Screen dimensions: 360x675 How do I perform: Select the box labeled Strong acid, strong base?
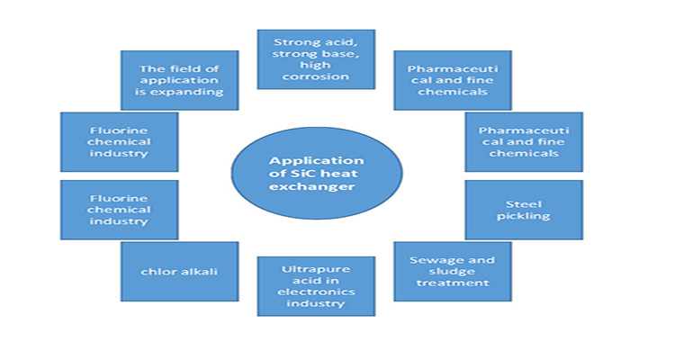(x=315, y=58)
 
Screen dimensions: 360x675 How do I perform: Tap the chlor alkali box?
(x=180, y=270)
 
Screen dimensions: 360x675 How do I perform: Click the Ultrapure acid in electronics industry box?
(x=315, y=286)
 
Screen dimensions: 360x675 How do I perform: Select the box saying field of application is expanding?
(x=180, y=80)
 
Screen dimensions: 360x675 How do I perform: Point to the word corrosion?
(x=315, y=76)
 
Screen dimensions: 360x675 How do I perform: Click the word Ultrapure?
(x=315, y=267)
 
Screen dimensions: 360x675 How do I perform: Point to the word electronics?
(x=315, y=291)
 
